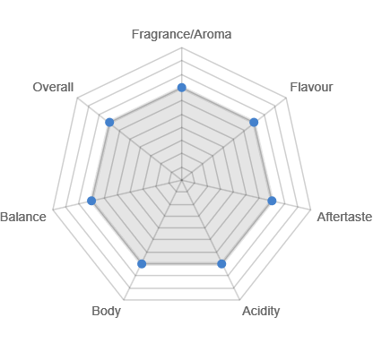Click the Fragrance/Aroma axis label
pos(181,34)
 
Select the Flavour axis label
pos(311,87)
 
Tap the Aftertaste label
pos(344,217)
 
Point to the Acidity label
pos(261,312)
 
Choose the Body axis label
pos(106,312)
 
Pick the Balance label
pos(23,217)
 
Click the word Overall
pos(53,87)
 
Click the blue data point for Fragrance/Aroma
pos(182,88)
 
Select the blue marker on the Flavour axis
pos(254,122)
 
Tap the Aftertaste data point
pos(272,201)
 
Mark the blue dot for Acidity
pos(221,263)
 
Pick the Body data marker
pos(142,263)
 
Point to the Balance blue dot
pos(91,201)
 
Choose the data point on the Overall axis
pos(109,122)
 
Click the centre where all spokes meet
pos(182,180)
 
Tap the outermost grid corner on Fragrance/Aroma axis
pos(182,47)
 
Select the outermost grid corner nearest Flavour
pos(286,98)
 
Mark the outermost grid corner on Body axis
pos(124,300)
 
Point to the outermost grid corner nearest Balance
pos(53,210)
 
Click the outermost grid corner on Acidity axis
pos(239,300)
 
